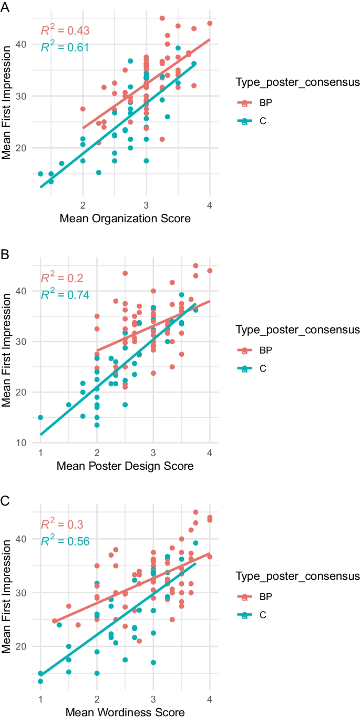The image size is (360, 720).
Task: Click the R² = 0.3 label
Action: (x=63, y=525)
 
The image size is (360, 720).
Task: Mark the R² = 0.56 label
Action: (x=65, y=541)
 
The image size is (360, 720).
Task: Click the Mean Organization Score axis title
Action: (x=125, y=218)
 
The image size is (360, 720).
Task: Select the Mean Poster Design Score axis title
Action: (x=125, y=466)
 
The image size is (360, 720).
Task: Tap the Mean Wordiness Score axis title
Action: (x=125, y=713)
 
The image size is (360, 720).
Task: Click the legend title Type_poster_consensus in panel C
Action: (x=297, y=577)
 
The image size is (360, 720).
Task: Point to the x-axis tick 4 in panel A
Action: (x=210, y=204)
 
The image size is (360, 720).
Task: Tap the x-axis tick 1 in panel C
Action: (x=40, y=699)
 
